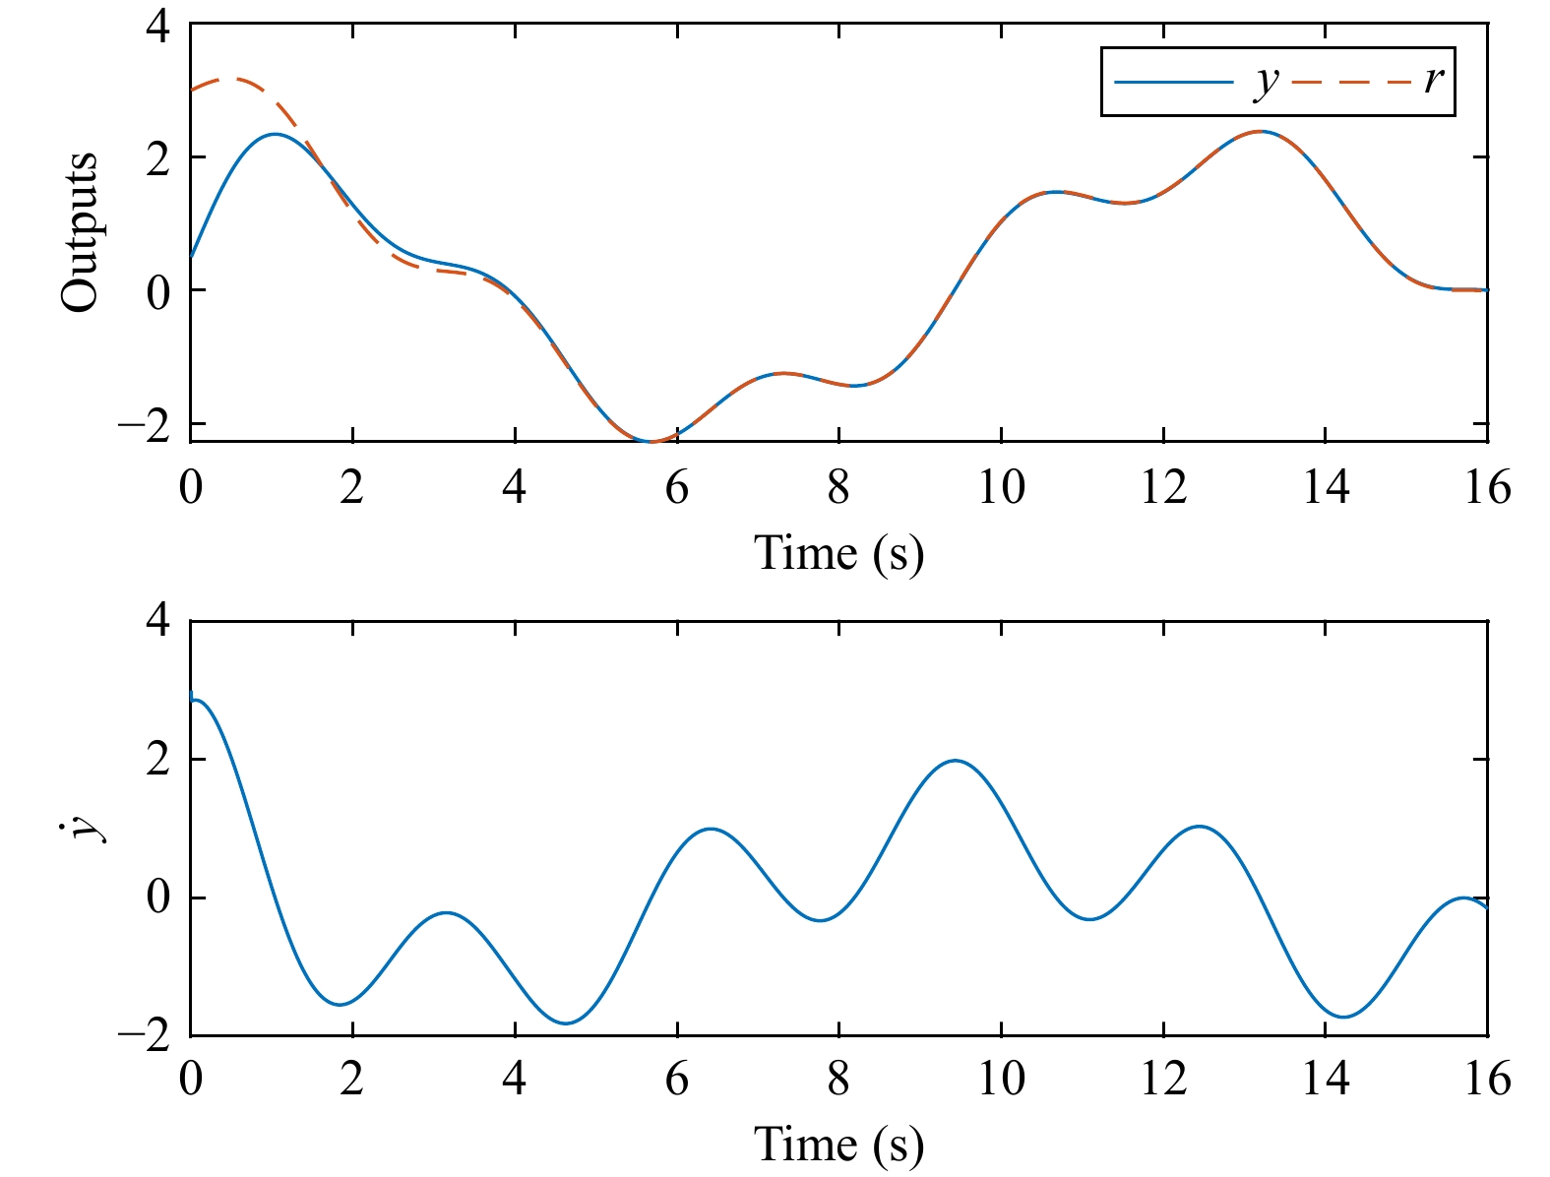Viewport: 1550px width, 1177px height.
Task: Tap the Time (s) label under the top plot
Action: pos(838,553)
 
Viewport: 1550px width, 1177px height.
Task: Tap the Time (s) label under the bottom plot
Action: pos(838,1144)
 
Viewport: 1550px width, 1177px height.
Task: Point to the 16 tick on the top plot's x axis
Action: pos(1487,487)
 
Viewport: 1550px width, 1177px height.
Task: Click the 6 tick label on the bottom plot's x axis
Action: pos(676,1080)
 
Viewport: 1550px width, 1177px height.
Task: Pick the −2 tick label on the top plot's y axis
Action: pos(144,425)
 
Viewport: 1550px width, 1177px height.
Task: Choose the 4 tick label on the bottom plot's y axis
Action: pos(157,622)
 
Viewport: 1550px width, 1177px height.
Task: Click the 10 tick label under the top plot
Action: pos(1001,487)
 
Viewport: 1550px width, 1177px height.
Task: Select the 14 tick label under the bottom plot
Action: pos(1326,1080)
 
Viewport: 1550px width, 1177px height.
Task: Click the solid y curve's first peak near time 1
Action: pos(275,134)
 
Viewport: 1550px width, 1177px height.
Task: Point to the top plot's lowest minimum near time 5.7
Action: pos(651,442)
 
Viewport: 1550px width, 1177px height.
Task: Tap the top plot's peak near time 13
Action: pos(1261,131)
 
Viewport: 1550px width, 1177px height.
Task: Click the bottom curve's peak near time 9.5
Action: pos(956,760)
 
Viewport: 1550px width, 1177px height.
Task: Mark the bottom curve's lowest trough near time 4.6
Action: pos(565,1023)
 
